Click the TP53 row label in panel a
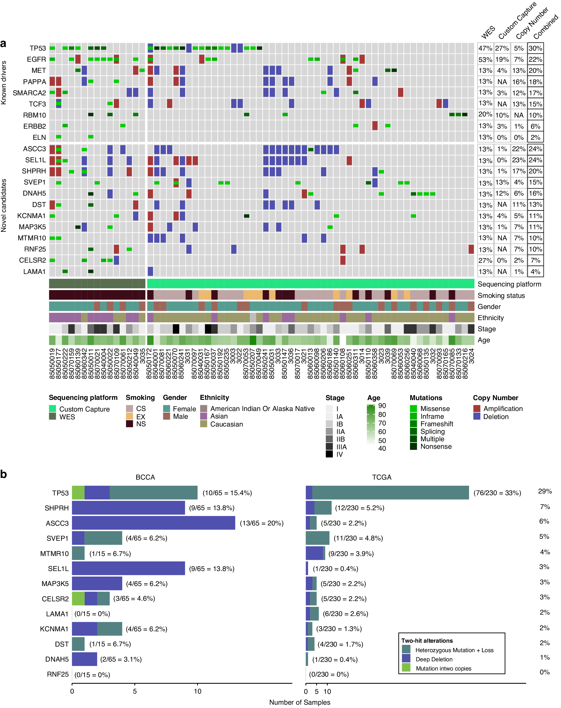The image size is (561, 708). (37, 48)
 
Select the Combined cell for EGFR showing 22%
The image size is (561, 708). (535, 59)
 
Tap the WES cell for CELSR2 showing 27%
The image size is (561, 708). (485, 260)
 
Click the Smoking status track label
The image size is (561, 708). (501, 296)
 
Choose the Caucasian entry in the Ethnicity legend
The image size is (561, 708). (226, 424)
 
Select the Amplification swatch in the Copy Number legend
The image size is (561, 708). (477, 408)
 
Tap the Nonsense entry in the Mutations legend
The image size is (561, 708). (436, 446)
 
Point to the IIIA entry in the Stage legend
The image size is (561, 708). (341, 447)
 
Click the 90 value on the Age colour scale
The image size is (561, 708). (382, 406)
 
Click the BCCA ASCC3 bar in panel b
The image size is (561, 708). (153, 523)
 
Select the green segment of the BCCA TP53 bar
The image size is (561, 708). (78, 493)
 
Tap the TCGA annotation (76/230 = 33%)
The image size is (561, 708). (497, 493)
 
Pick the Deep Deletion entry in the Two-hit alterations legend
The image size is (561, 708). (434, 659)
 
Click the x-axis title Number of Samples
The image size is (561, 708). (300, 702)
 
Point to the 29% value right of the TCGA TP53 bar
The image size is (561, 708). (545, 491)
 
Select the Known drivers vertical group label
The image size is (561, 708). (4, 83)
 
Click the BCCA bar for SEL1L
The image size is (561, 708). (128, 568)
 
